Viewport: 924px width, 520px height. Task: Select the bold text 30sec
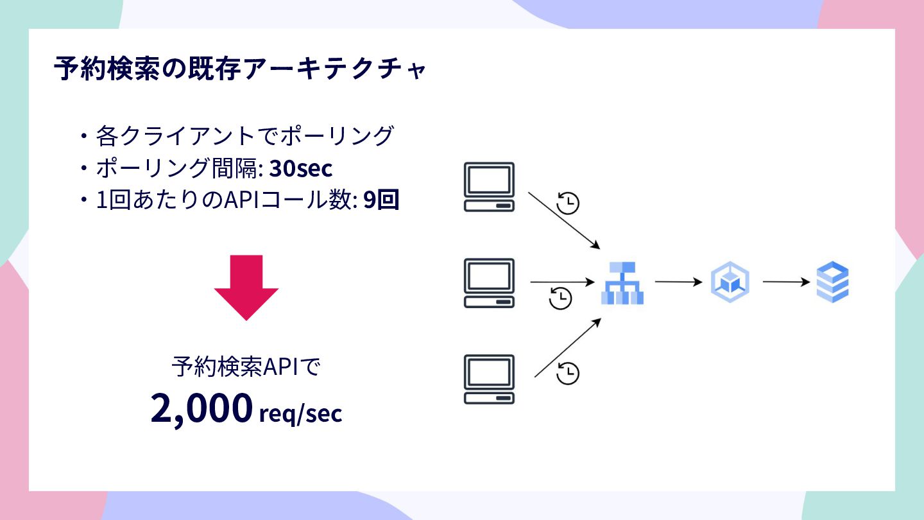pos(300,168)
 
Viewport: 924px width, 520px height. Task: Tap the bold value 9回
pos(381,201)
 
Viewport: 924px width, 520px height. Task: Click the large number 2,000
pos(201,408)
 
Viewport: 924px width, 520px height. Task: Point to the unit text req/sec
pos(300,413)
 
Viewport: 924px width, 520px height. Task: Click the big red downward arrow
pos(246,287)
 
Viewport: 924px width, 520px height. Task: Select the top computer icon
pos(490,187)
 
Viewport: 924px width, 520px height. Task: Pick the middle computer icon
pos(490,282)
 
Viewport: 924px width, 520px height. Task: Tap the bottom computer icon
pos(490,379)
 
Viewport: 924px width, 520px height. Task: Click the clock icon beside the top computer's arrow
pos(568,202)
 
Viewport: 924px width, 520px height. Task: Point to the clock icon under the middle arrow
pos(561,298)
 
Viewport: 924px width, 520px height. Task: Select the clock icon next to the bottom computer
pos(568,373)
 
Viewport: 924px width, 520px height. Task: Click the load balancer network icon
pos(622,283)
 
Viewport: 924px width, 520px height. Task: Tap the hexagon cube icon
pos(730,282)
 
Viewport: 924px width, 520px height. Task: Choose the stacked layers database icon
pos(832,282)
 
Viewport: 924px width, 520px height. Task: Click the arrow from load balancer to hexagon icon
pos(679,282)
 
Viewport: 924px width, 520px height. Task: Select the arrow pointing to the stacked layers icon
pos(787,282)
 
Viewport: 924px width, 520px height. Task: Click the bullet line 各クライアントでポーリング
pos(244,136)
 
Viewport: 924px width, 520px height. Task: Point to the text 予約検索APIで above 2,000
pos(246,368)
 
